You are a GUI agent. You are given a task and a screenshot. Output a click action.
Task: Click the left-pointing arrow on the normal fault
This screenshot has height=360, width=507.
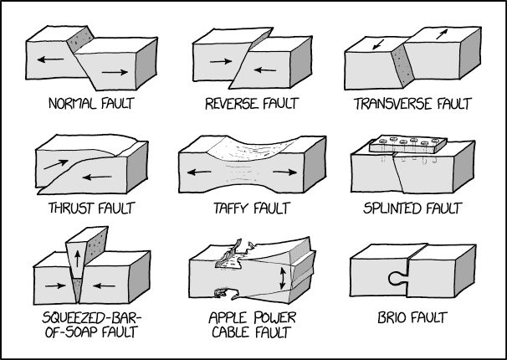tap(50, 59)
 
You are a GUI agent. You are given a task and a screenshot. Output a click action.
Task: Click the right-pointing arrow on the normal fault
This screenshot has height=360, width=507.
tap(115, 72)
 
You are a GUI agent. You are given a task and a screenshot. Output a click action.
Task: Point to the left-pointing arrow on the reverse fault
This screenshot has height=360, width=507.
tap(265, 69)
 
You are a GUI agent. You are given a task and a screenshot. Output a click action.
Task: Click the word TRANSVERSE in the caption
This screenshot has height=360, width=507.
tap(393, 104)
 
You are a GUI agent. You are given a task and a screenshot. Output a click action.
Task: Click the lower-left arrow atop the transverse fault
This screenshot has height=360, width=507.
tap(378, 44)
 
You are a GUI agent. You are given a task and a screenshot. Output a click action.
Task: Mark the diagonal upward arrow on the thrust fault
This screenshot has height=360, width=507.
tap(56, 164)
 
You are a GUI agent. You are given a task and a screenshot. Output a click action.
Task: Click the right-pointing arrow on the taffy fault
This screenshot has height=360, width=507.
tap(284, 172)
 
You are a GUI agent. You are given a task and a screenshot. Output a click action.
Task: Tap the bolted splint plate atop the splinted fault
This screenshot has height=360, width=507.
tap(408, 144)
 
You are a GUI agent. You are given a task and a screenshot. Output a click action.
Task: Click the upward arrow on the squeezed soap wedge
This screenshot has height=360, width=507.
tap(77, 259)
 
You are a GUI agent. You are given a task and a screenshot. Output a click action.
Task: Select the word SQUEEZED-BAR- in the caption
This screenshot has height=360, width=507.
tap(92, 317)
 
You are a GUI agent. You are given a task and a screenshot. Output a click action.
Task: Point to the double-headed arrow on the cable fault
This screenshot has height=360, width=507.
tap(283, 278)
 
